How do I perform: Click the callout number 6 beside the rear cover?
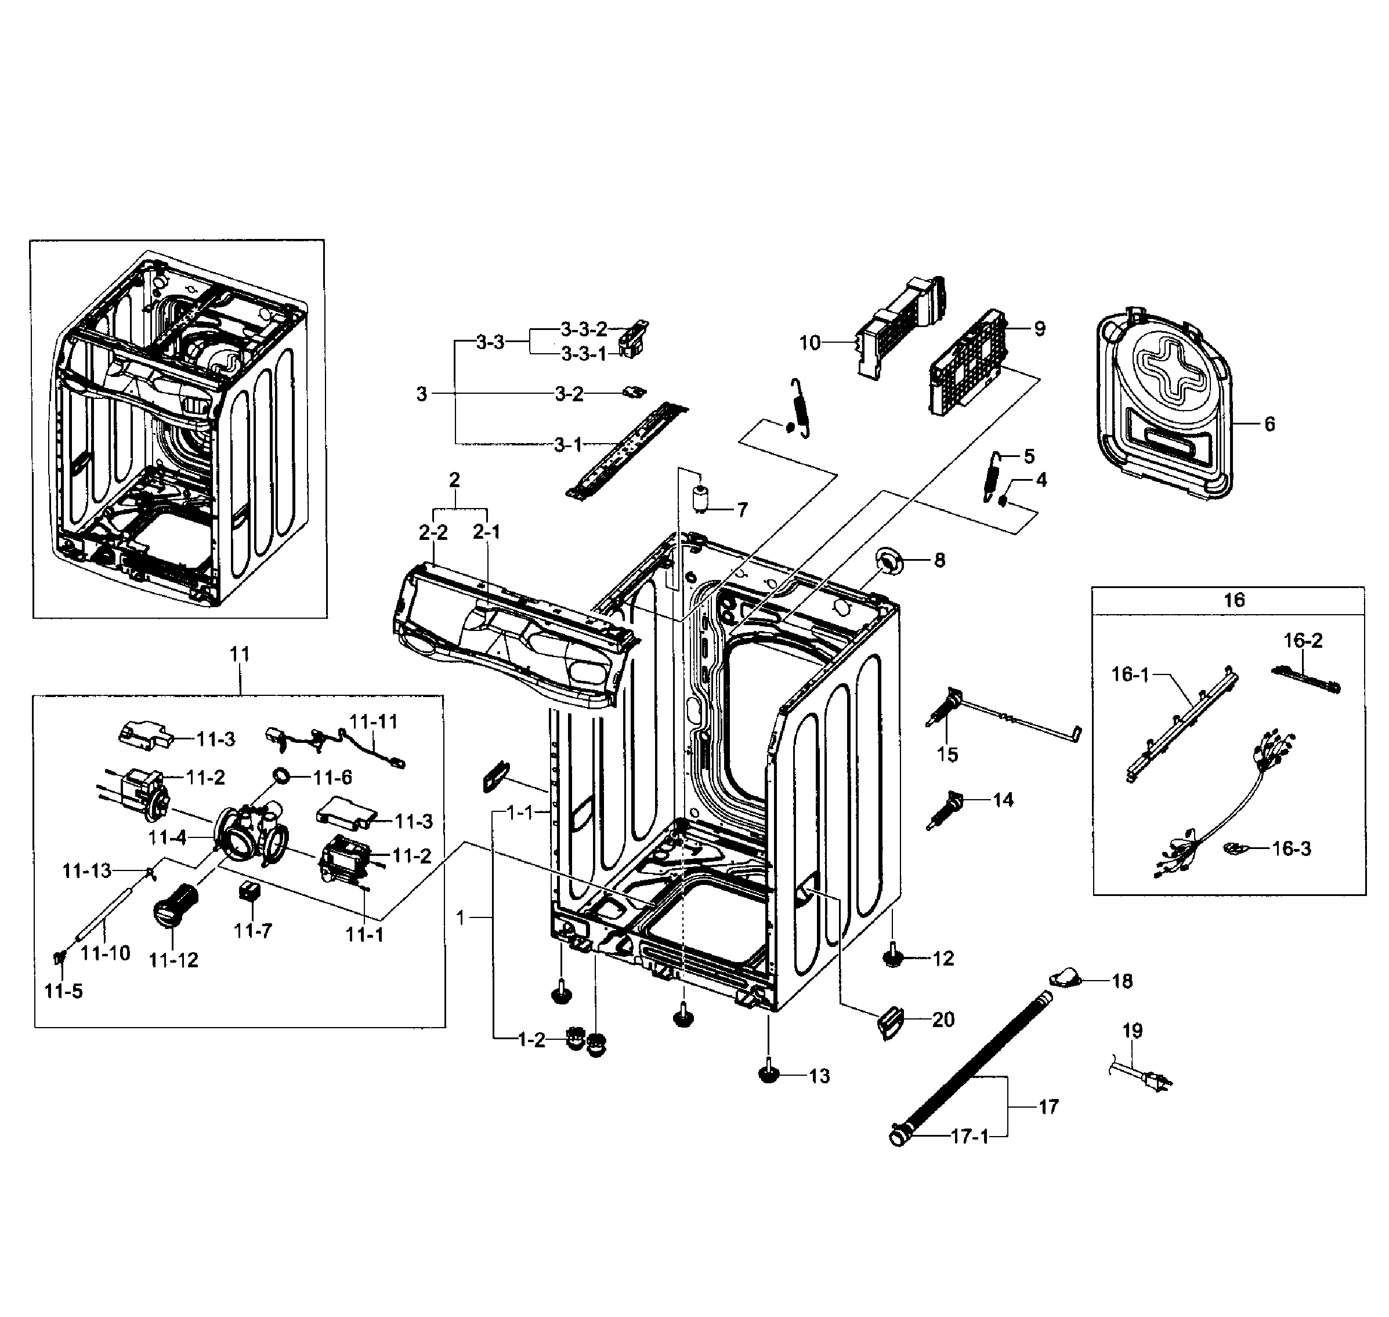click(1269, 424)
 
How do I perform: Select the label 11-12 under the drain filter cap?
click(173, 960)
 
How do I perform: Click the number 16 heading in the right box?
click(1234, 600)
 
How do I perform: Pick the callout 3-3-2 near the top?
click(584, 329)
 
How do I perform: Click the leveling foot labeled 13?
click(771, 1074)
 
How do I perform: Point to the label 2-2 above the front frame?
click(433, 533)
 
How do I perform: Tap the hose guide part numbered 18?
click(1065, 977)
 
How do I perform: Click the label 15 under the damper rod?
click(947, 754)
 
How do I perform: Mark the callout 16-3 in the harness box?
click(1292, 849)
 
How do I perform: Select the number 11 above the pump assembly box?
click(240, 654)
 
